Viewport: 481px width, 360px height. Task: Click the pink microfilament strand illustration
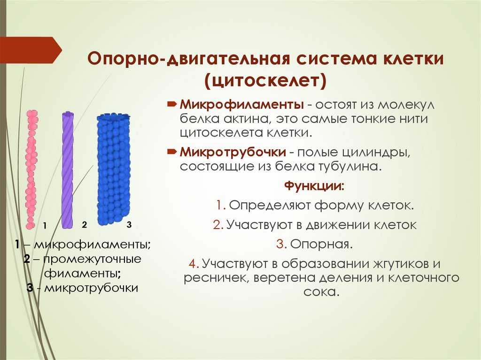31,169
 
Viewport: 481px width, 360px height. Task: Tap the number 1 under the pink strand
45,226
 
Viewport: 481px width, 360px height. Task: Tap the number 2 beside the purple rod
85,224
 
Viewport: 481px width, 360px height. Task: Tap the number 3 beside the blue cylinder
129,224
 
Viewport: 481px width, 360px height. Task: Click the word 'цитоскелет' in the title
265,79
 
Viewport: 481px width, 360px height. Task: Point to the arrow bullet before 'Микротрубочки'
172,152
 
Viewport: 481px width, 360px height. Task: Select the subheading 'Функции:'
314,186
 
